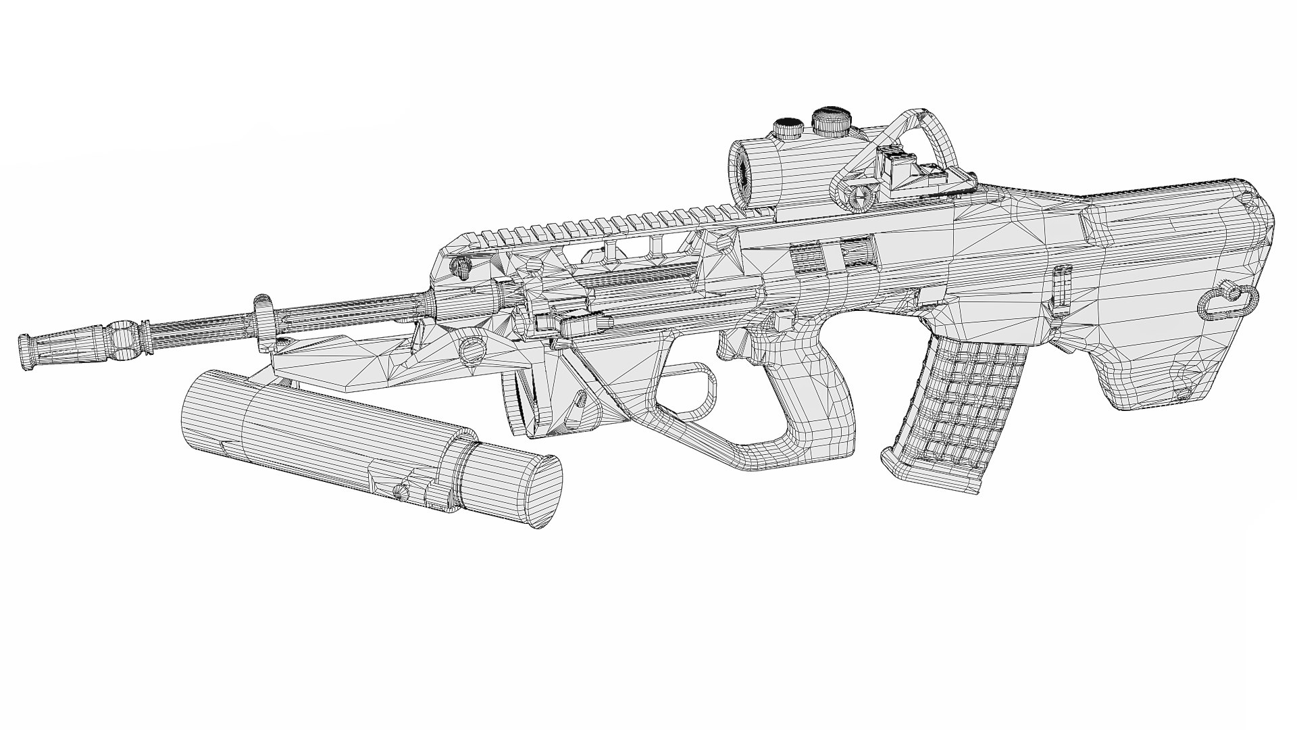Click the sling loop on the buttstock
(1228, 302)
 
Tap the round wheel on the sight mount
(861, 197)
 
